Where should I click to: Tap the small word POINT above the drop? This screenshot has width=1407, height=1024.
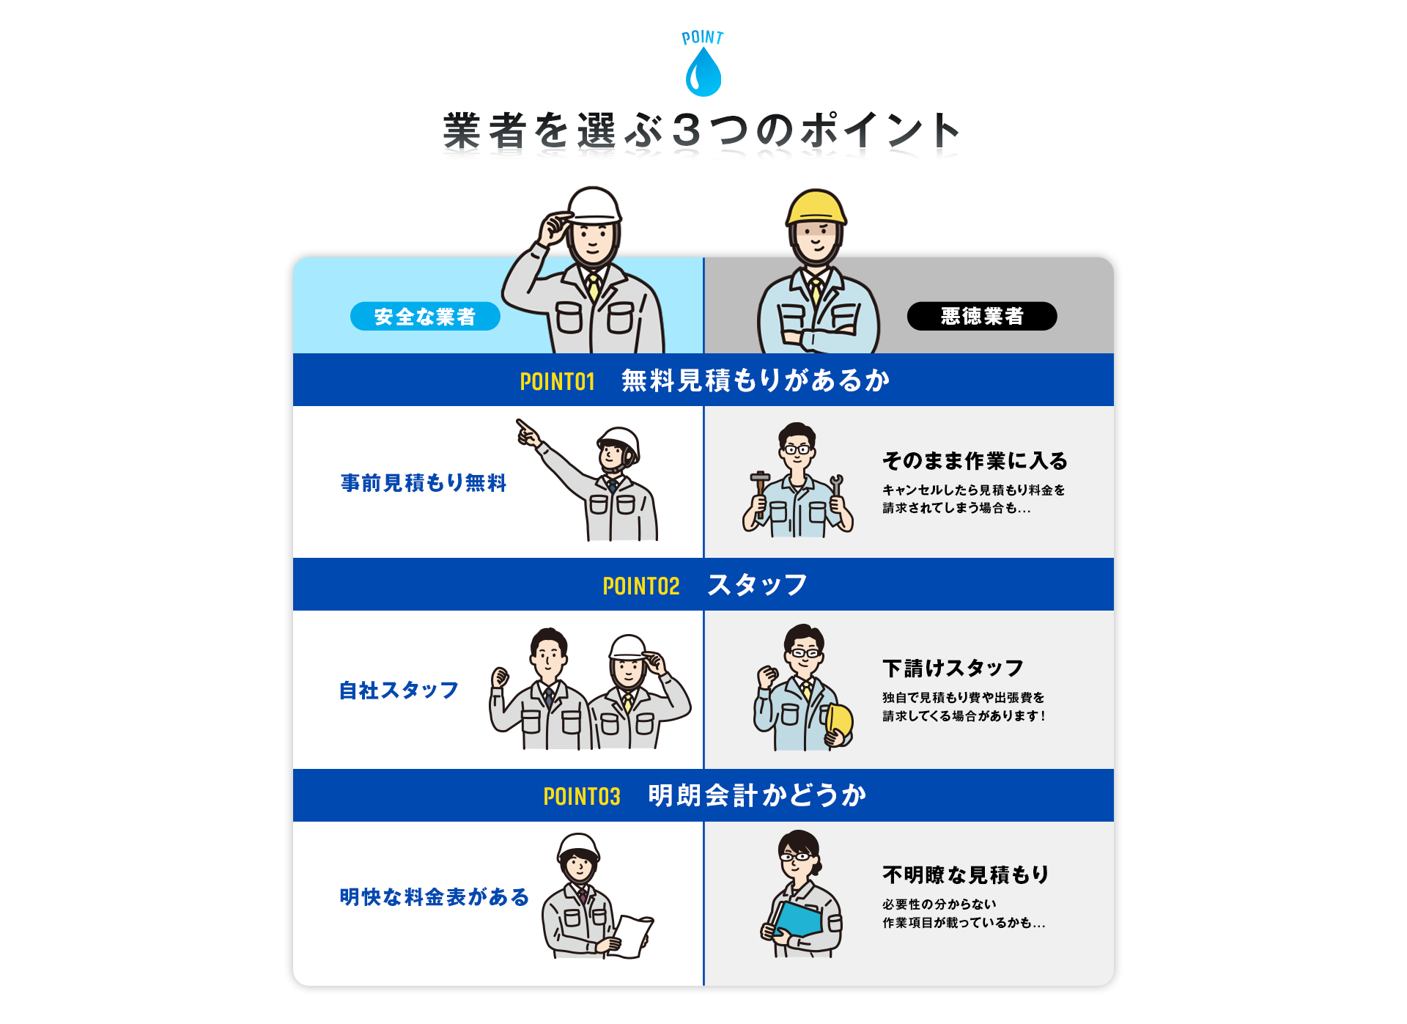(x=702, y=37)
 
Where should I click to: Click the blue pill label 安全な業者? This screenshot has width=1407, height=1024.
(x=425, y=317)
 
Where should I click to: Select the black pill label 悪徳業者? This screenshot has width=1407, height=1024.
(x=981, y=316)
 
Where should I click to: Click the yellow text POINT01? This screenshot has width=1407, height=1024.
(x=557, y=381)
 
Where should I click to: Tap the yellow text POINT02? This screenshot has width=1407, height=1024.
(x=640, y=586)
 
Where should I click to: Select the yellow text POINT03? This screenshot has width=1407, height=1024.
(x=582, y=796)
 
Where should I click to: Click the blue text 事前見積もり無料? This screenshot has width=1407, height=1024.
(x=424, y=483)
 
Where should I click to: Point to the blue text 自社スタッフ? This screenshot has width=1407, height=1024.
(x=399, y=690)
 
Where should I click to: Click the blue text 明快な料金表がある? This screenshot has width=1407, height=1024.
(x=434, y=897)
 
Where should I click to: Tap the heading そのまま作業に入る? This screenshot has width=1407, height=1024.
(x=975, y=461)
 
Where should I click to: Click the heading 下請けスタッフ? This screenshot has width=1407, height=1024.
(x=953, y=668)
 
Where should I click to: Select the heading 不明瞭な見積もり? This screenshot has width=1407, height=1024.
(x=966, y=875)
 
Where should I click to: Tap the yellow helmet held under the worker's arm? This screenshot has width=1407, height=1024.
(x=840, y=721)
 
